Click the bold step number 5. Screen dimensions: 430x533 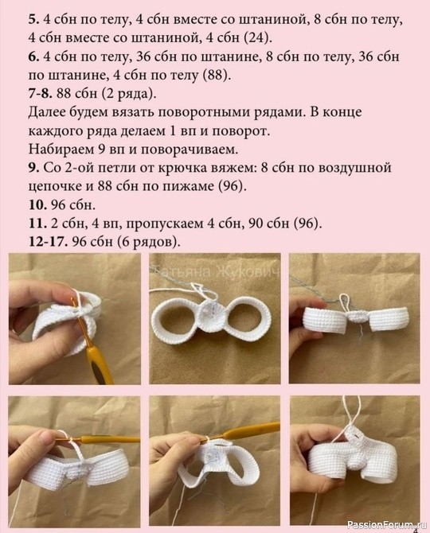tap(33, 20)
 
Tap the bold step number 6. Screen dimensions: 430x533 tap(33, 56)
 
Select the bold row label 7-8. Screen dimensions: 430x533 tap(40, 94)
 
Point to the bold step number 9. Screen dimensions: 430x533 tap(33, 168)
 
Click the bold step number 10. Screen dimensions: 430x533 tap(37, 204)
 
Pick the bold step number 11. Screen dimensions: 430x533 tap(37, 224)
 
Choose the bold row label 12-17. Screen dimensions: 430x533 tap(49, 242)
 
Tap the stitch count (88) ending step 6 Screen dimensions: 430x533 tap(217, 75)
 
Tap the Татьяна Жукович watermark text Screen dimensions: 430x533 tap(217, 272)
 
